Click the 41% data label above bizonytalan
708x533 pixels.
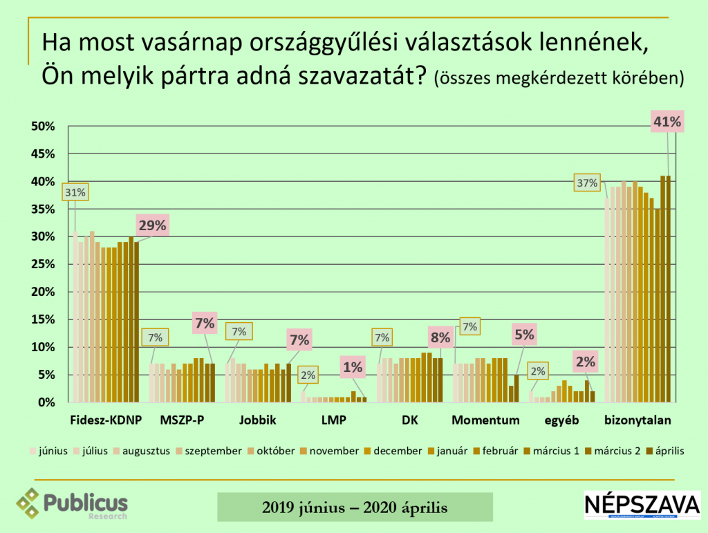point(667,123)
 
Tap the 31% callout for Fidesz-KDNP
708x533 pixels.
point(75,192)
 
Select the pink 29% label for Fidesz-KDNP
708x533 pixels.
point(151,225)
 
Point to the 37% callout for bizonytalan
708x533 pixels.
point(587,183)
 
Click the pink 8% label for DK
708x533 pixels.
point(440,338)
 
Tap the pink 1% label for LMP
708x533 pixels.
point(353,366)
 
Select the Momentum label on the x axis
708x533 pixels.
point(485,420)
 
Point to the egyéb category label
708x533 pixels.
point(561,420)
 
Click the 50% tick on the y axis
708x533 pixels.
point(44,127)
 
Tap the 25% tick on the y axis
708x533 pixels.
point(44,264)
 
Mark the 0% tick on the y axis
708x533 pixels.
point(46,402)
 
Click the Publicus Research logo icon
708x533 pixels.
point(29,503)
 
